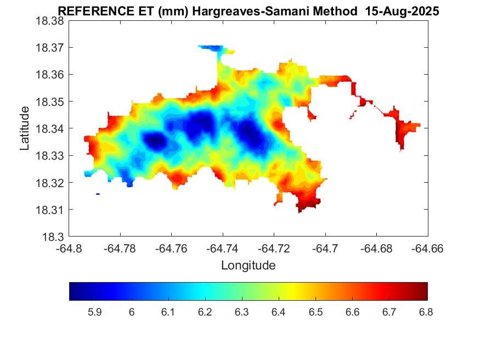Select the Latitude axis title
(x=25, y=128)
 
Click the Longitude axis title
(x=248, y=266)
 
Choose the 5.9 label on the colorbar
(x=94, y=312)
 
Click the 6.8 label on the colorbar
(x=426, y=312)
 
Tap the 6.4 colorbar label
(x=278, y=312)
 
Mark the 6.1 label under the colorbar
(x=168, y=312)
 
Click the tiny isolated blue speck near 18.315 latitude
(x=98, y=194)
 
